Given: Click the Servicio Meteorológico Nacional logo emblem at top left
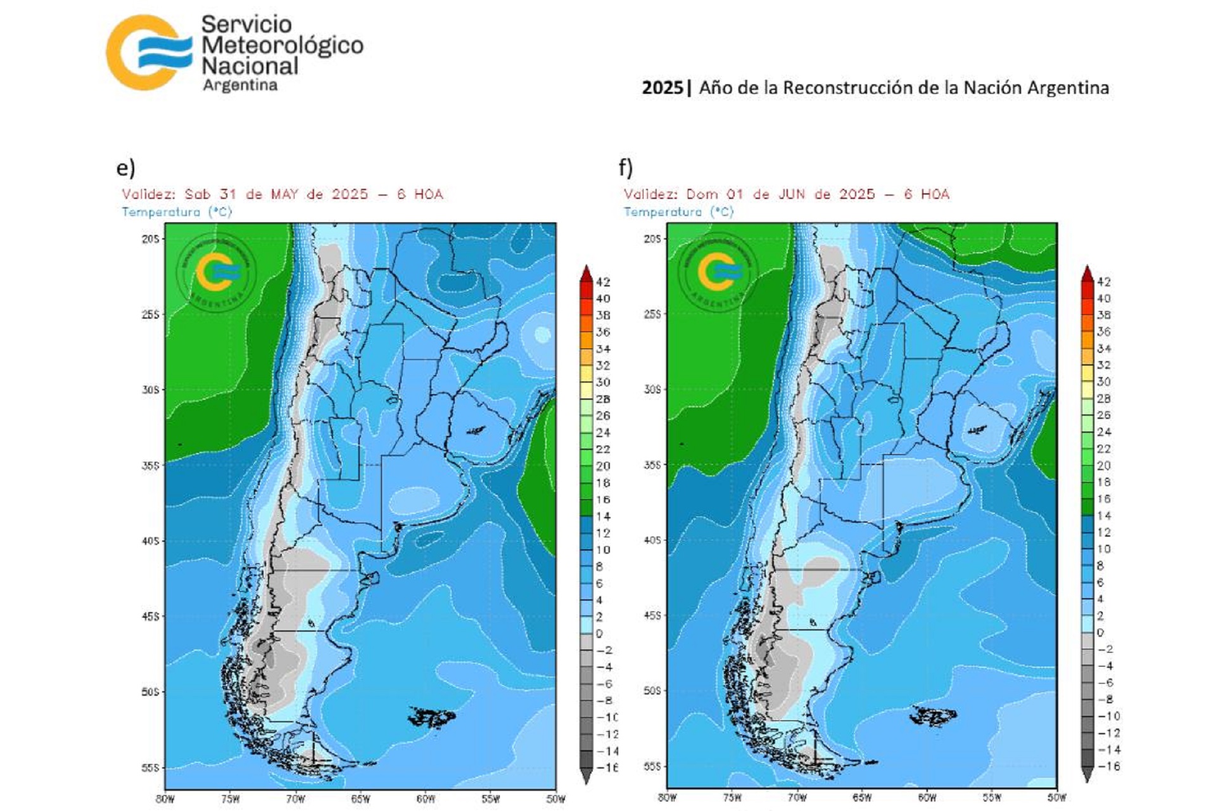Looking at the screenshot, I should click(x=149, y=52).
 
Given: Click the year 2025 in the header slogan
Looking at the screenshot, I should click(x=662, y=87).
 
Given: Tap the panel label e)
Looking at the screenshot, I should click(x=125, y=168).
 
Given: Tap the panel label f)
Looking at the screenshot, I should click(x=626, y=168).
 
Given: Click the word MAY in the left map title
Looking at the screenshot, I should click(x=284, y=194).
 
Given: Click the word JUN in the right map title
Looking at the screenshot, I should click(x=792, y=194).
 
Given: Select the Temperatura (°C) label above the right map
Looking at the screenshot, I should click(x=678, y=212).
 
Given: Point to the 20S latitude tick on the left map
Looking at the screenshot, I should click(x=151, y=239).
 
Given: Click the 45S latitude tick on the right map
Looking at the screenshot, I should click(x=653, y=615).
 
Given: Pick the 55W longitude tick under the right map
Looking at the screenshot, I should click(x=992, y=798).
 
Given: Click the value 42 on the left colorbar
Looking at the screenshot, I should click(x=602, y=282).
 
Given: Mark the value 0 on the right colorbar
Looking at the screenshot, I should click(x=1101, y=632).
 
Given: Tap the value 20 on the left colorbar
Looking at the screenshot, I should click(x=602, y=466).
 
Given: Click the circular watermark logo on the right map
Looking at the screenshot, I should click(x=717, y=271).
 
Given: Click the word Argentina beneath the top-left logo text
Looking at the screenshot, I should click(x=240, y=85).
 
